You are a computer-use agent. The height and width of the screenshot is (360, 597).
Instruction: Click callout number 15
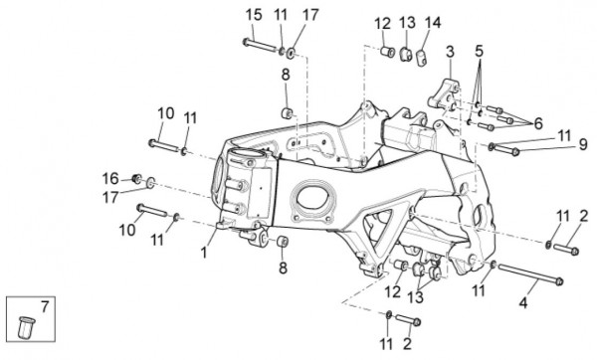[254, 15]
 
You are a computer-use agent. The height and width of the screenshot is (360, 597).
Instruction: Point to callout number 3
[450, 52]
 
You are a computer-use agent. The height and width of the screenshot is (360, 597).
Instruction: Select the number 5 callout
[479, 51]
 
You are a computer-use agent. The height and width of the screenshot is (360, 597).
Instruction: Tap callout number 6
[538, 123]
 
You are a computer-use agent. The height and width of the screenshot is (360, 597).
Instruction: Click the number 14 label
[433, 23]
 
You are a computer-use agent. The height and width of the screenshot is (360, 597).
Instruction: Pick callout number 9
[583, 144]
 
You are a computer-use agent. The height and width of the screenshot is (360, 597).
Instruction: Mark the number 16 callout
[110, 178]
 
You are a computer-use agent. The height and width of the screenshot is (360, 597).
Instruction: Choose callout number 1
[204, 253]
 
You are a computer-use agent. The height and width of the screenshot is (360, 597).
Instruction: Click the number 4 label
[523, 303]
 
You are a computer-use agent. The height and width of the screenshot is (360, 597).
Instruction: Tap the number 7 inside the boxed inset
[45, 306]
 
